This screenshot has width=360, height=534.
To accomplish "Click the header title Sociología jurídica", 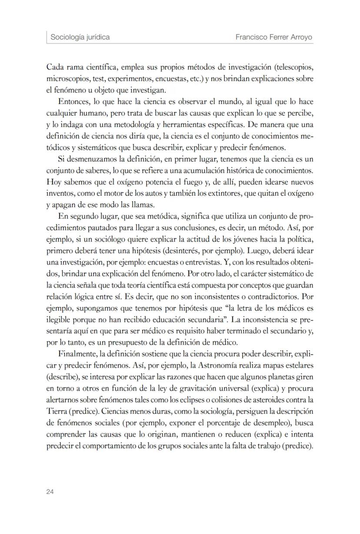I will pos(80,37).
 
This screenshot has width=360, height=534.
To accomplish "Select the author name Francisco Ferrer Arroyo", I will pos(274,37).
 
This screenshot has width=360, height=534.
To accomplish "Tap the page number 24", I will pos(50,492).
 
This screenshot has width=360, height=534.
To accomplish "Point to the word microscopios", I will pos(67,80).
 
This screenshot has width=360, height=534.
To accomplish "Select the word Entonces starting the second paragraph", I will pos(73,102).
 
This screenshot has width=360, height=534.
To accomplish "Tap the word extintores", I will pos(224,193).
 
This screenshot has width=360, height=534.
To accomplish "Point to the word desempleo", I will pos(268,421).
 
